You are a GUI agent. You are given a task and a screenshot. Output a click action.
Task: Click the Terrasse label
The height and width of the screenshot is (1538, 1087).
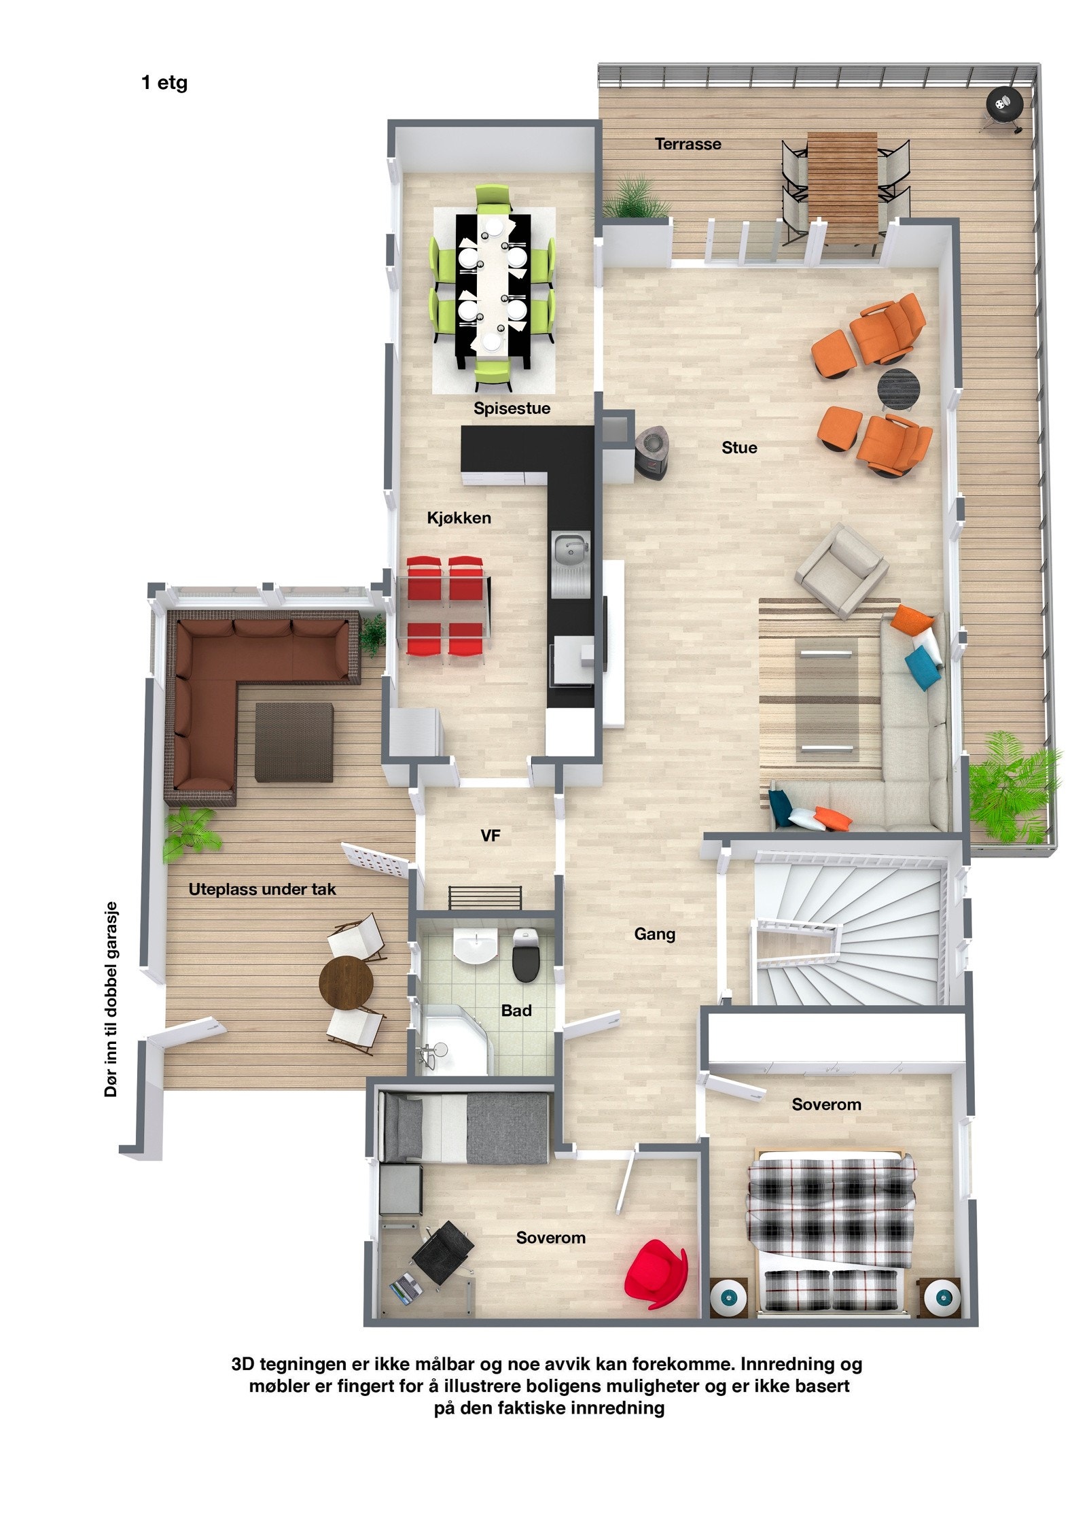pyautogui.click(x=688, y=144)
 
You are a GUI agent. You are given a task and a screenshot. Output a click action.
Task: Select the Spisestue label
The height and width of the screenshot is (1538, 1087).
pyautogui.click(x=512, y=408)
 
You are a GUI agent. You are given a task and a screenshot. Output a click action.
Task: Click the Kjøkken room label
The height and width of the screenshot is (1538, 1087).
pyautogui.click(x=459, y=518)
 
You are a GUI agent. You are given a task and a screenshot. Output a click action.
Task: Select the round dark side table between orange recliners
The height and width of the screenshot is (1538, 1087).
pyautogui.click(x=897, y=389)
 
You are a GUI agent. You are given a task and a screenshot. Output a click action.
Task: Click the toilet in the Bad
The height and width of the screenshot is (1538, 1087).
pyautogui.click(x=525, y=955)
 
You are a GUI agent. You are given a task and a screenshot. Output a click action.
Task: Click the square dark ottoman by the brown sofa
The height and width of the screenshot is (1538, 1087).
pyautogui.click(x=294, y=741)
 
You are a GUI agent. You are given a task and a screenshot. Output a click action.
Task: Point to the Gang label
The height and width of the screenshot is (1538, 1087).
pyautogui.click(x=654, y=934)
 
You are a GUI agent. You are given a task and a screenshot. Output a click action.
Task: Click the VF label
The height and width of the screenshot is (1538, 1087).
pyautogui.click(x=490, y=836)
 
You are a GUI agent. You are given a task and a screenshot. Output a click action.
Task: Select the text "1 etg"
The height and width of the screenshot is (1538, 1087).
pyautogui.click(x=164, y=83)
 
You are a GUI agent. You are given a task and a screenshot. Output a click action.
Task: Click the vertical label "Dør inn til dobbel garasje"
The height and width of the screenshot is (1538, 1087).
pyautogui.click(x=111, y=999)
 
